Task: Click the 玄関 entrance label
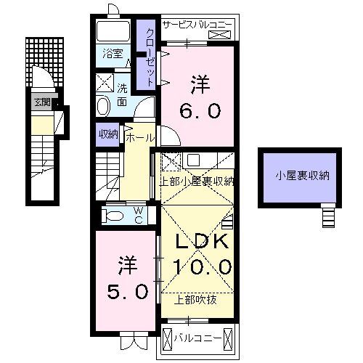tap(43, 102)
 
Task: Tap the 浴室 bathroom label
tap(113, 54)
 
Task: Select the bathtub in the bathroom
tap(113, 31)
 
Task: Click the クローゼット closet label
tap(150, 57)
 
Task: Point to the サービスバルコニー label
tap(197, 25)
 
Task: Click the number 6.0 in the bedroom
tap(200, 110)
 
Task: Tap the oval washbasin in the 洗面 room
tap(103, 106)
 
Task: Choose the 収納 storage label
tap(109, 134)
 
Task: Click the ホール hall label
tap(140, 138)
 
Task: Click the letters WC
tap(139, 216)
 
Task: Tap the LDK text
tap(202, 242)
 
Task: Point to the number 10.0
tap(202, 266)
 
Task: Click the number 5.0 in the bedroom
tap(128, 291)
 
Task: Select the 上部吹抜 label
tap(195, 300)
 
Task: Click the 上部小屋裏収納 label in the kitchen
tap(197, 181)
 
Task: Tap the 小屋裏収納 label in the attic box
tap(302, 176)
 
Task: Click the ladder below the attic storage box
tap(329, 216)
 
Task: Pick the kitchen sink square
tap(193, 160)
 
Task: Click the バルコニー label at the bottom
tap(198, 338)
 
